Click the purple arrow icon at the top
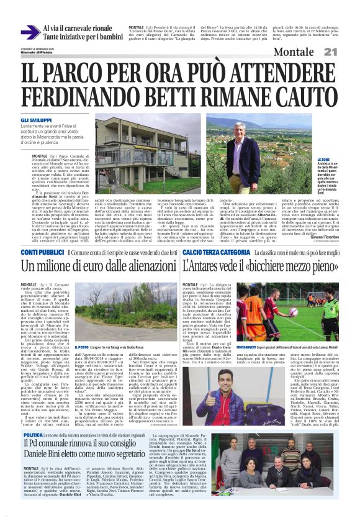(29, 32)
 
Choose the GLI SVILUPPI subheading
(35, 119)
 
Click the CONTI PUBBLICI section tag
(38, 253)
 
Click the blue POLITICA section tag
(32, 435)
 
